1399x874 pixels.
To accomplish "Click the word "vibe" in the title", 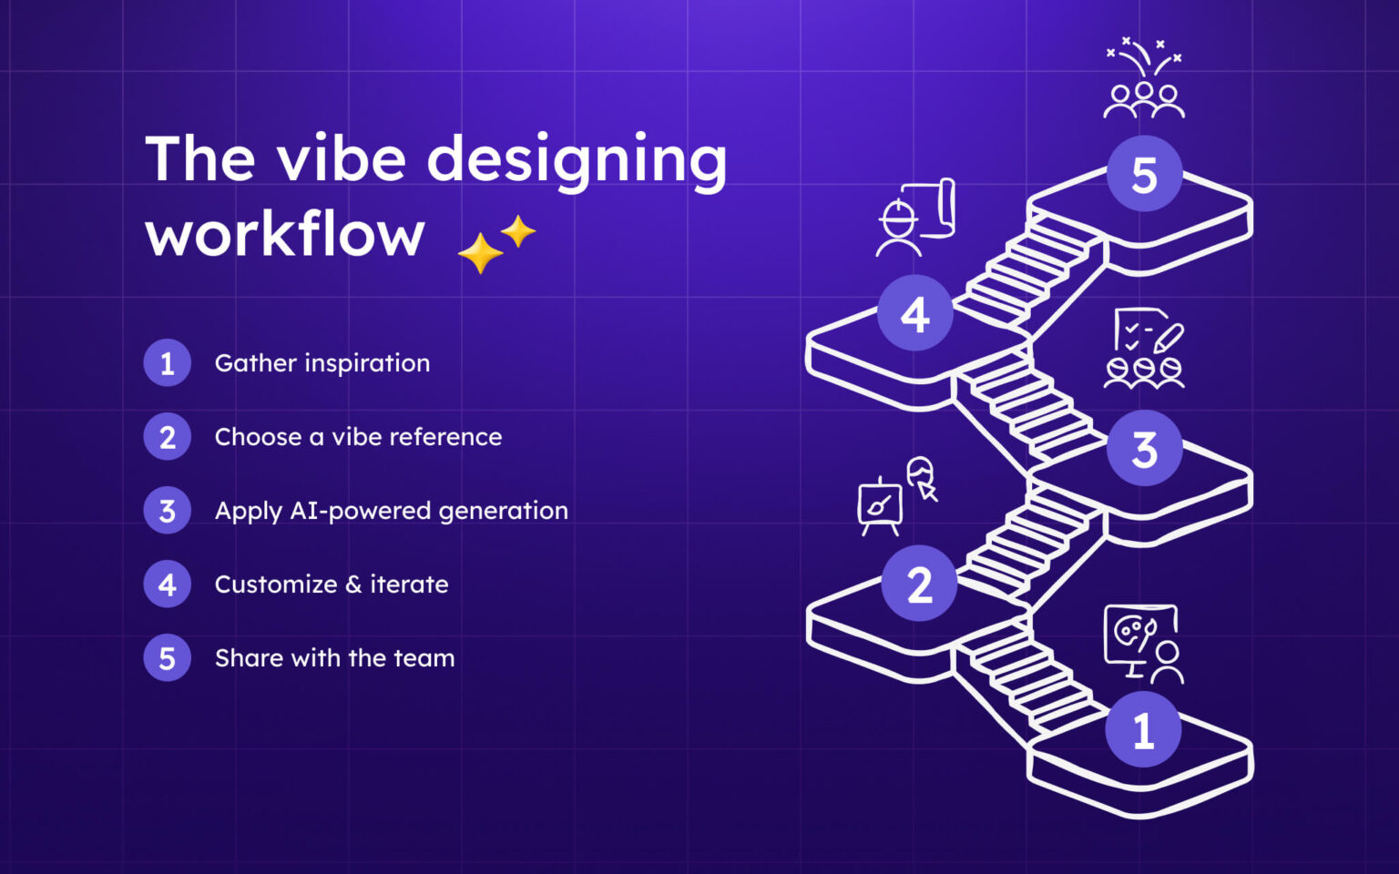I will point(342,159).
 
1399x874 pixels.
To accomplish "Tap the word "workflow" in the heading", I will point(285,235).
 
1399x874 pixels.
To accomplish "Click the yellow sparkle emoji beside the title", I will point(496,244).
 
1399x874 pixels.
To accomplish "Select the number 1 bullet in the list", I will point(168,363).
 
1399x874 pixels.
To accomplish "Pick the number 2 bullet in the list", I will point(168,437).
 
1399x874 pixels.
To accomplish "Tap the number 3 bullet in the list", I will point(168,511).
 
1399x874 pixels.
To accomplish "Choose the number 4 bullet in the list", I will point(168,584).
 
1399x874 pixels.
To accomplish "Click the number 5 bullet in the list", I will point(168,658).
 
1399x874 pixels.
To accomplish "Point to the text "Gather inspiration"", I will point(322,363).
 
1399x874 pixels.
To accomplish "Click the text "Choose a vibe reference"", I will point(358,437).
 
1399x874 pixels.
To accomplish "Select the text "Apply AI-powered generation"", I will point(392,511).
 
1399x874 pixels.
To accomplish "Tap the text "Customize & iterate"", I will point(332,584).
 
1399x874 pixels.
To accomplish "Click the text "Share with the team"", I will point(334,658).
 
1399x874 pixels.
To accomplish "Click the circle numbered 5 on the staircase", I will point(1144,175).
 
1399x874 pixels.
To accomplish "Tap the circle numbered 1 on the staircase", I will point(1143,730).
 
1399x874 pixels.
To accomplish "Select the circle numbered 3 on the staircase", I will point(1144,449).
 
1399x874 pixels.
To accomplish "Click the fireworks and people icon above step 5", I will point(1144,79).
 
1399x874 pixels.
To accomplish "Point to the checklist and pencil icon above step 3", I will point(1145,349).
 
